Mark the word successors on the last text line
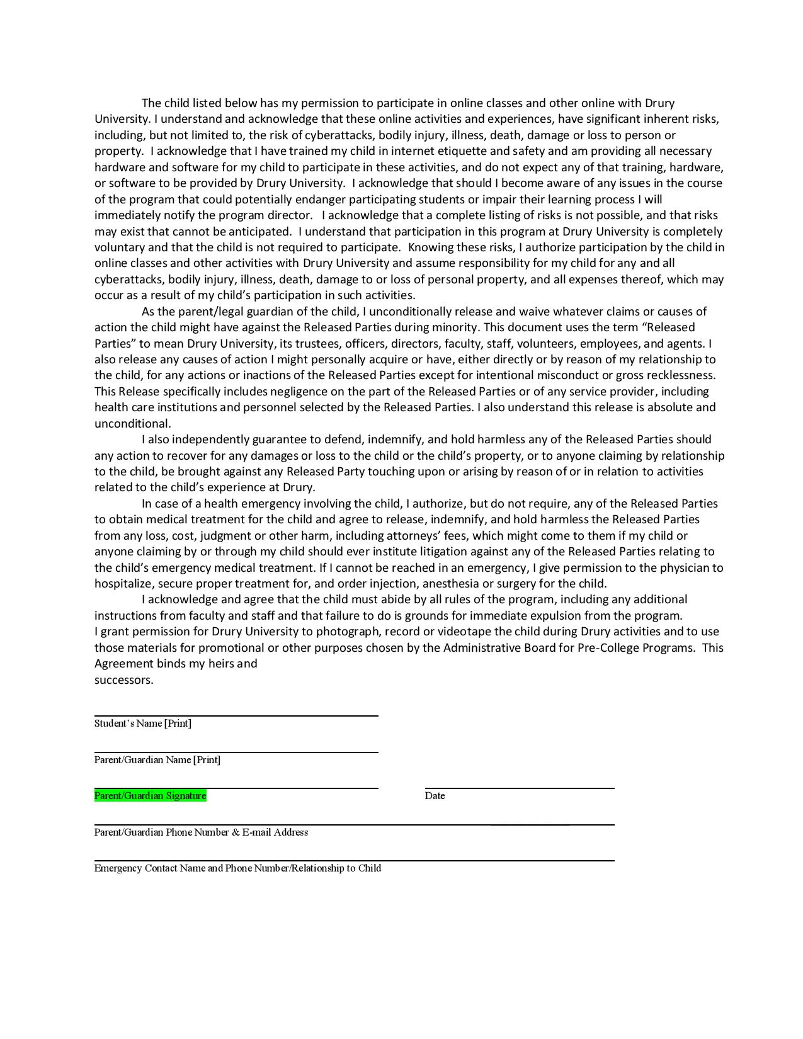(x=123, y=680)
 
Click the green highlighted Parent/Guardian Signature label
(x=150, y=796)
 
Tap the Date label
(x=435, y=796)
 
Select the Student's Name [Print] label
(x=142, y=724)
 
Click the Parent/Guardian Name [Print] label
(x=157, y=760)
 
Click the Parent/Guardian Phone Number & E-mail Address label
(x=201, y=832)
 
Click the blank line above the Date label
(x=519, y=787)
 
